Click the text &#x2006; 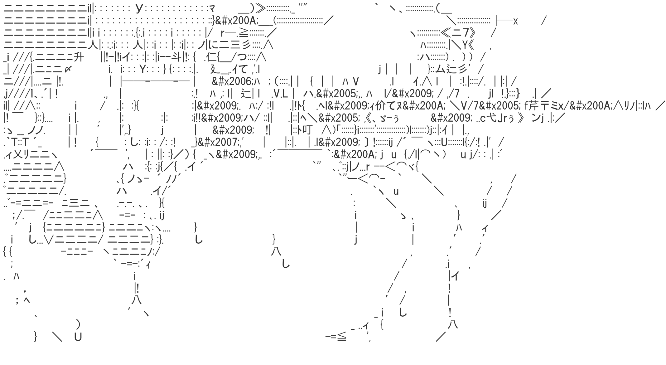(232, 81)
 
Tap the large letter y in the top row (139, 8)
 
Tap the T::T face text (20, 142)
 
